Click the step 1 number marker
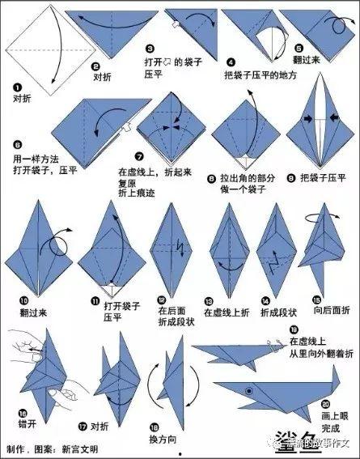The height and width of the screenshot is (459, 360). (16, 86)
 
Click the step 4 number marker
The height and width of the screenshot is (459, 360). (230, 62)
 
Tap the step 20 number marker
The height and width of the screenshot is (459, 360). (324, 404)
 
